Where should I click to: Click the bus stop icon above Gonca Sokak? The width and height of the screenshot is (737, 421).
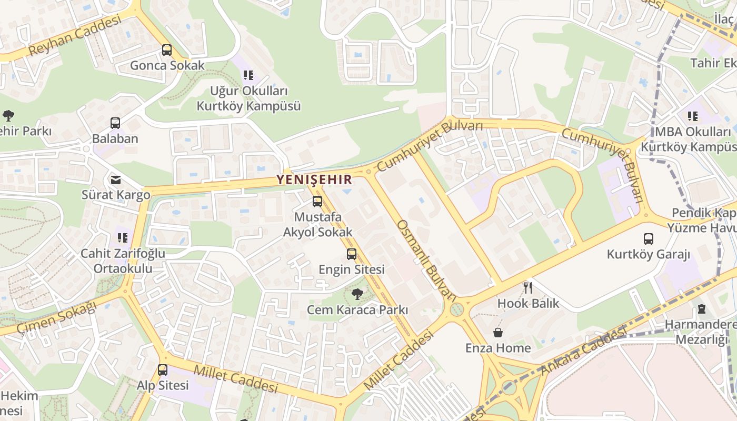(167, 50)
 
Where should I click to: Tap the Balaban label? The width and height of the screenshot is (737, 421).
(115, 139)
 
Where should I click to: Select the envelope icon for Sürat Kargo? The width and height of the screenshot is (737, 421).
(115, 180)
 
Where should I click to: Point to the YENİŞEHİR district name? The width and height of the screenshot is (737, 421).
(315, 180)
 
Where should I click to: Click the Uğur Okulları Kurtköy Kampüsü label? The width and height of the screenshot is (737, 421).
(248, 98)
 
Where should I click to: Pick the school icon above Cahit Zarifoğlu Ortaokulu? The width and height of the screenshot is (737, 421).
(123, 238)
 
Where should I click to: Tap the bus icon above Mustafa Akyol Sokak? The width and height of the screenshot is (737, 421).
(317, 201)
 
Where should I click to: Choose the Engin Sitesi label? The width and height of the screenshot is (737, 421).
(351, 269)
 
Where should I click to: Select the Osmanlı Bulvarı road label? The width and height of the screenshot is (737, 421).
(426, 260)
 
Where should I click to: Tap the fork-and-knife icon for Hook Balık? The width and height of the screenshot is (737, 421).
(528, 287)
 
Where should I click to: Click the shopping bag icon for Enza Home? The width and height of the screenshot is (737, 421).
(497, 333)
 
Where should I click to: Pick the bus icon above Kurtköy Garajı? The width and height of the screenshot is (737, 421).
(648, 239)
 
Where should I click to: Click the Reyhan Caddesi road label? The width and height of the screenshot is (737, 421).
(75, 35)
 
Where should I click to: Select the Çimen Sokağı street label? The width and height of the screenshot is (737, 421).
(57, 317)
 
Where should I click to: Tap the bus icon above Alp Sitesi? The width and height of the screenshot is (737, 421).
(163, 369)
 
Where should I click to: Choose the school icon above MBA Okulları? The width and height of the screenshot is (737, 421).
(692, 116)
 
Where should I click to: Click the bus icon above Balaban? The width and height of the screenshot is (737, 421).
(115, 123)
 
